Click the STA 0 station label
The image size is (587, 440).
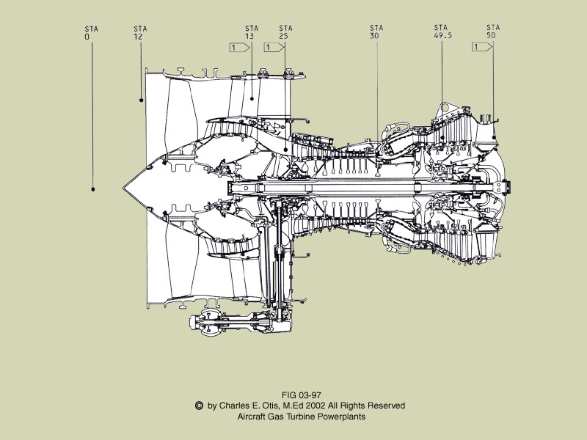[92, 32]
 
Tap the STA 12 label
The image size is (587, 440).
[140, 32]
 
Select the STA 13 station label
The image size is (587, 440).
[252, 32]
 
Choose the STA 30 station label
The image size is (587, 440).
[376, 32]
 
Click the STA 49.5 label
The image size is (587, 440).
[442, 32]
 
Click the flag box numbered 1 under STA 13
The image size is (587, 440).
[238, 48]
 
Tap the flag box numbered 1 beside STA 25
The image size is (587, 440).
[271, 48]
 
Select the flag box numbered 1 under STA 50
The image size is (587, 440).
[481, 48]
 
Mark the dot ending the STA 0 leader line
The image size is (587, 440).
[93, 189]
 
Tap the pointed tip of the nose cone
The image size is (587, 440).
[123, 184]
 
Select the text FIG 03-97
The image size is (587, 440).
[302, 395]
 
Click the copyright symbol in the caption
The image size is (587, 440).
[198, 405]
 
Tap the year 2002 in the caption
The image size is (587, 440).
[317, 406]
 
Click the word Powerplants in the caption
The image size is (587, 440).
[342, 416]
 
